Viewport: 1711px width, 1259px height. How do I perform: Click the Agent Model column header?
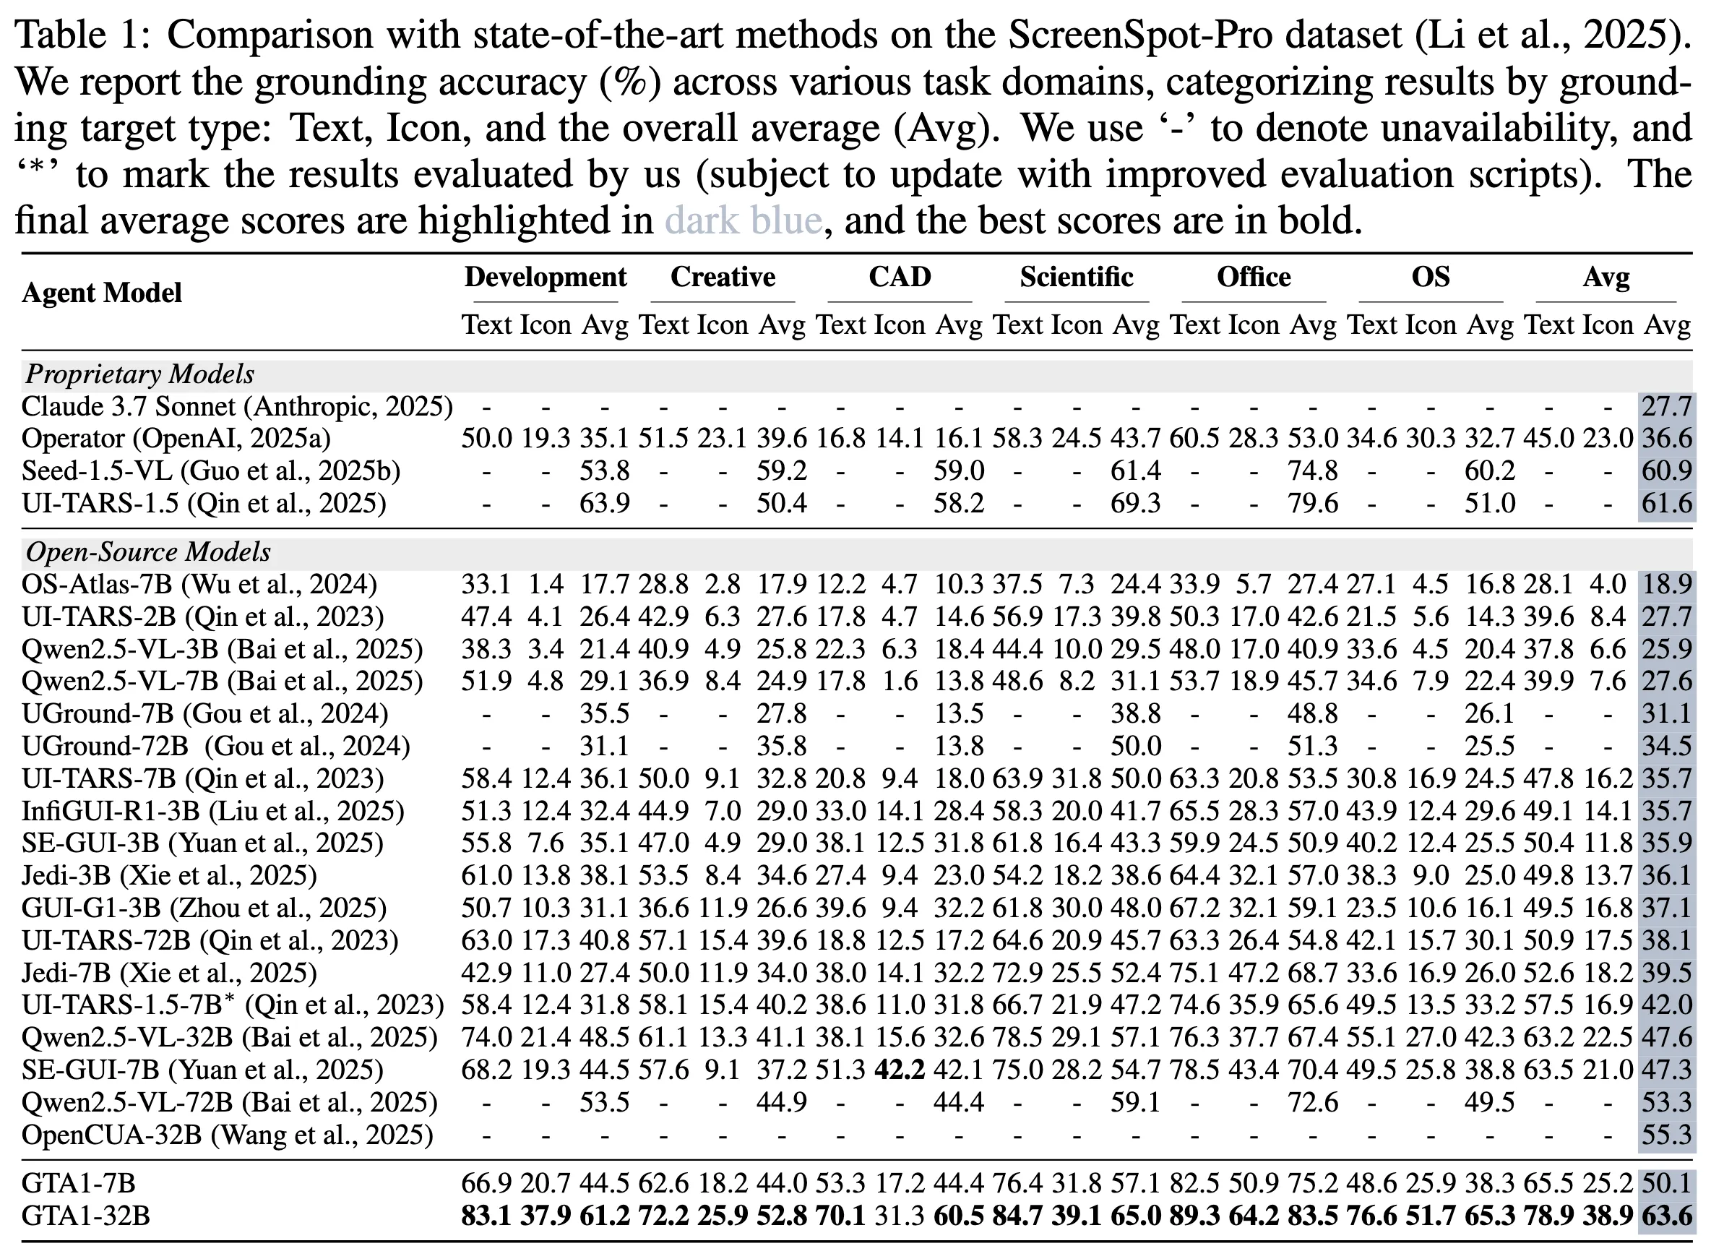(x=101, y=293)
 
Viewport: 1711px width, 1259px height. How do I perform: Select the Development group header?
(x=546, y=277)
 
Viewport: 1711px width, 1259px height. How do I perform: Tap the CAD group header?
(x=900, y=277)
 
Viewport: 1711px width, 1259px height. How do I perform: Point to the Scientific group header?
(x=1077, y=277)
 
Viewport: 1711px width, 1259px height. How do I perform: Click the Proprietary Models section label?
(x=139, y=374)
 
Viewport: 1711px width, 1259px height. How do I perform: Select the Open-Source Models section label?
(x=148, y=551)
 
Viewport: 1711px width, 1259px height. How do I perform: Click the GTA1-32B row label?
(x=85, y=1216)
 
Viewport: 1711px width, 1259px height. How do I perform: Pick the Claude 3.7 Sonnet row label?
(x=237, y=407)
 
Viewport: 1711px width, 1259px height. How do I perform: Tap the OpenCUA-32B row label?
(x=227, y=1135)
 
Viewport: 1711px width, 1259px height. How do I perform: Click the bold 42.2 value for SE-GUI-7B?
(x=900, y=1070)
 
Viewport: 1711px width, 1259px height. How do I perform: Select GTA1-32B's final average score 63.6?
(x=1667, y=1216)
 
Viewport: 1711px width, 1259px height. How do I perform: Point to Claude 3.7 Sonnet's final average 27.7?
(x=1667, y=407)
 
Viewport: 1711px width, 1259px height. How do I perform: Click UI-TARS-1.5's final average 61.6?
(x=1667, y=504)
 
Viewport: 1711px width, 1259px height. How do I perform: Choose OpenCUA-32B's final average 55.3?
(x=1667, y=1135)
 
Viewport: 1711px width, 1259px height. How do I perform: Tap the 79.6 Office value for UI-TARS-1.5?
(x=1313, y=504)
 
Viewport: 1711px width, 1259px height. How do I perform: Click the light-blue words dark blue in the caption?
(x=743, y=221)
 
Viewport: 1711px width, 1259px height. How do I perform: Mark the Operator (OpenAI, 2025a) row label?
(x=176, y=439)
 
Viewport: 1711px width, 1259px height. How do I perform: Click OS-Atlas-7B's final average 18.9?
(x=1667, y=585)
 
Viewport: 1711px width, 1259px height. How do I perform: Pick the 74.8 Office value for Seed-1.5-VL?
(x=1313, y=471)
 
